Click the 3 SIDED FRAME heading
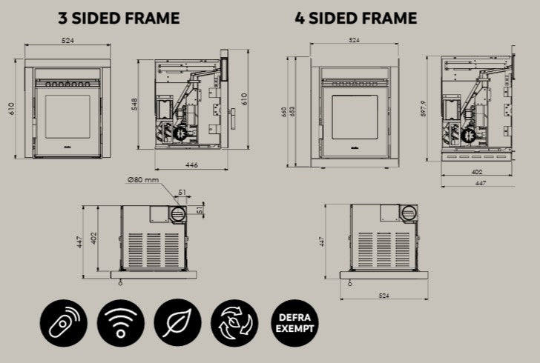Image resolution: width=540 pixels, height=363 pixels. (119, 19)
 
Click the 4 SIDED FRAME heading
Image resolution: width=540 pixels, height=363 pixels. (356, 19)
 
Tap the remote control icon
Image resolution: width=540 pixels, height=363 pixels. (64, 323)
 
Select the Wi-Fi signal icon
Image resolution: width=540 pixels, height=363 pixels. (120, 323)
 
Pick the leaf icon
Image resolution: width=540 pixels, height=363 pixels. (178, 323)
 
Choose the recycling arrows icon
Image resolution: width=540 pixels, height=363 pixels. (234, 323)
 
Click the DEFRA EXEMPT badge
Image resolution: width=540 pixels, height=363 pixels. (294, 323)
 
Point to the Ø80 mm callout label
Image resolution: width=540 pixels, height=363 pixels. (143, 179)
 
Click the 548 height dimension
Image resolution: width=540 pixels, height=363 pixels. (134, 104)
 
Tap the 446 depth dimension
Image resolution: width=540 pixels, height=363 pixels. (191, 164)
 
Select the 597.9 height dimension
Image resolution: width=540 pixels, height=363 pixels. (424, 109)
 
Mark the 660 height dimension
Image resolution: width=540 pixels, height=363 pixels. (284, 112)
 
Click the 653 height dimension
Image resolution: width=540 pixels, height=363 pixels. (292, 112)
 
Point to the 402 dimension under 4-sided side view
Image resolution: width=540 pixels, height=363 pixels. (476, 172)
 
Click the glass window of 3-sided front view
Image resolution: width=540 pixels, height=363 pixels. (67, 116)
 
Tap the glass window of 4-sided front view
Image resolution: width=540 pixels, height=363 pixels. (355, 117)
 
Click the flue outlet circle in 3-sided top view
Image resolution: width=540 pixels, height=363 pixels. (178, 214)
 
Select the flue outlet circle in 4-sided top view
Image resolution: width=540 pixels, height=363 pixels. (409, 213)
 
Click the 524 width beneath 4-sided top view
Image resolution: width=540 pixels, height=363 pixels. (383, 296)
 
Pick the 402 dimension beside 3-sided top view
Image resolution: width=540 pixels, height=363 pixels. (93, 238)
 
